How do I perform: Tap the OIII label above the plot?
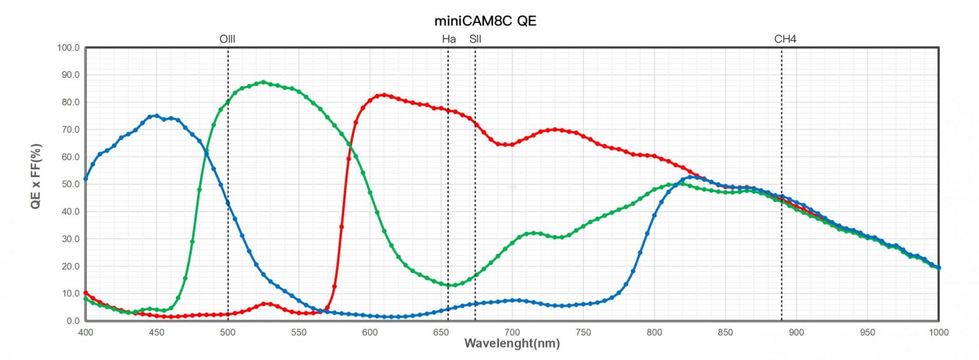[228, 39]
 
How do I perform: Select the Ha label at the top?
[449, 39]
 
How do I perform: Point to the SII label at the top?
[475, 39]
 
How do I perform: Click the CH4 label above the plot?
[785, 39]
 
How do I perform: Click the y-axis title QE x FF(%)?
[37, 185]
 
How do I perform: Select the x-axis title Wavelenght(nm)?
[512, 344]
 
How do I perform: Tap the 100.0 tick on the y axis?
[68, 48]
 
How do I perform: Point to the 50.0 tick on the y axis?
[69, 184]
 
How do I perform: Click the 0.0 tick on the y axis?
[72, 321]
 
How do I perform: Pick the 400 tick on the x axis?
[85, 332]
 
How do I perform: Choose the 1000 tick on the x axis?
[938, 332]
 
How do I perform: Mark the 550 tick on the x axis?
[298, 332]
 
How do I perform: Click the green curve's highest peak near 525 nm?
[263, 82]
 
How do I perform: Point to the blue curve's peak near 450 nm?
[157, 116]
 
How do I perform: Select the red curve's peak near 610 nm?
[384, 95]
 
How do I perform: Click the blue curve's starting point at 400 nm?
[85, 178]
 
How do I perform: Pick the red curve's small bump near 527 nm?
[266, 304]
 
